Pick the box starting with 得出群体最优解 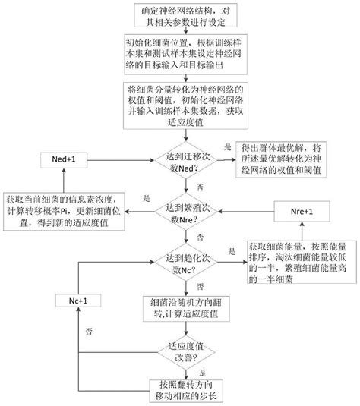(x=279, y=158)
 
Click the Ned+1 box (x=64, y=159)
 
